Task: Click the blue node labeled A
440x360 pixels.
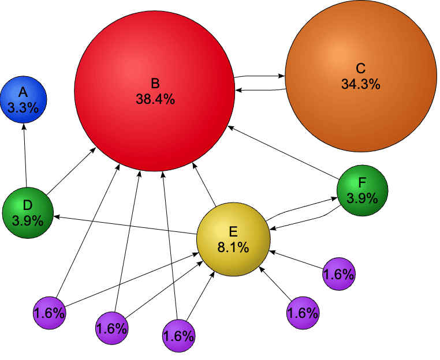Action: (x=23, y=100)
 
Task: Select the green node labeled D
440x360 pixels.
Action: (x=28, y=213)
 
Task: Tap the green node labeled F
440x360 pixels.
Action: (x=362, y=190)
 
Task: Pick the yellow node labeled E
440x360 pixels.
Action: (x=233, y=239)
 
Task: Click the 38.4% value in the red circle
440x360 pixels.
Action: (x=155, y=99)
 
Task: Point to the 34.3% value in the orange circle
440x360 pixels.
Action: (x=360, y=84)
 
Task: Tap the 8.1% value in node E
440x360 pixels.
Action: (x=233, y=247)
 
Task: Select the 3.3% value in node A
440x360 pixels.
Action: (x=23, y=108)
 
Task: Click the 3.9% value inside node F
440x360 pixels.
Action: (x=362, y=198)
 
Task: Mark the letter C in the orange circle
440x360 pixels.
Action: (x=360, y=69)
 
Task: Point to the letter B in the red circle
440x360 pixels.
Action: (x=155, y=84)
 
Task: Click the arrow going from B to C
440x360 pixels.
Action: (x=259, y=76)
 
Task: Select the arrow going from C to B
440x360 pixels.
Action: (x=261, y=90)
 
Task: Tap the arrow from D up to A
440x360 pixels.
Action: (x=25, y=156)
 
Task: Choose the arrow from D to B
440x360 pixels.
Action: (x=71, y=171)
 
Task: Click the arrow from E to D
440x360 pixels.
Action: (x=125, y=225)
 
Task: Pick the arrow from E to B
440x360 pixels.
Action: (x=204, y=185)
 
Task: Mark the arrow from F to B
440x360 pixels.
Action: (x=284, y=152)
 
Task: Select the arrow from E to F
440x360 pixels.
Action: (x=301, y=208)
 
